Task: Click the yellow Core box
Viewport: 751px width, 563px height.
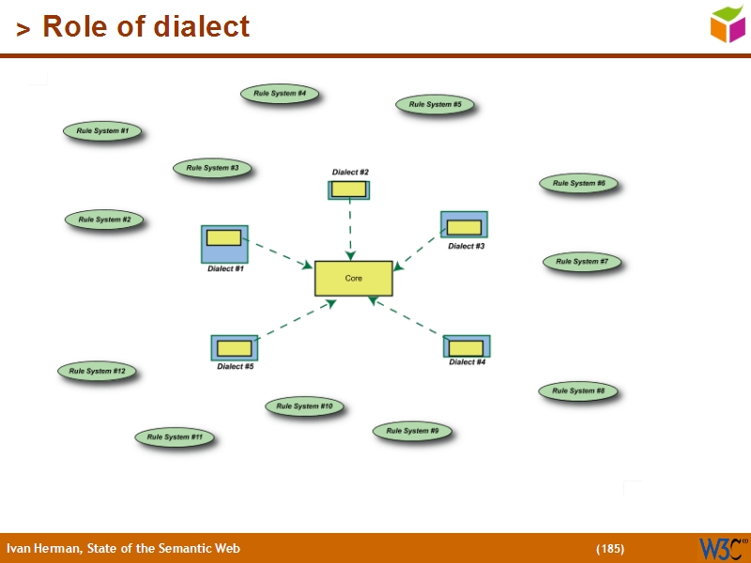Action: point(353,279)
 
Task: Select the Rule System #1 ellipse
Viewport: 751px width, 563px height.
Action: point(102,131)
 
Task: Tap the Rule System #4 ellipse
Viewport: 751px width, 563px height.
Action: point(280,94)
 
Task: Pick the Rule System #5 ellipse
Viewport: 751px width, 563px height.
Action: point(435,105)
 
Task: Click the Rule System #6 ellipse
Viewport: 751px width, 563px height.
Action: point(578,184)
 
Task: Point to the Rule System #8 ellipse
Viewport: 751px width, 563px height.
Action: point(577,391)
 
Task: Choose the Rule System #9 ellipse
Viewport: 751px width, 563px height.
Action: point(412,432)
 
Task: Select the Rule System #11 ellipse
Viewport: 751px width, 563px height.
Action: point(175,437)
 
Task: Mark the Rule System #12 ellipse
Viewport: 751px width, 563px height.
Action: point(97,372)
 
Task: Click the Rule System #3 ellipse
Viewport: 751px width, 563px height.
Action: point(212,168)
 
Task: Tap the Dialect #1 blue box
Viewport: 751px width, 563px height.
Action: point(224,244)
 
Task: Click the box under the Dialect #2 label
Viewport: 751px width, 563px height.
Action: point(349,190)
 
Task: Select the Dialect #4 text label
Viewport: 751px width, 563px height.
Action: point(467,362)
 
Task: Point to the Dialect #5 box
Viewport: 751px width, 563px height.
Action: point(234,348)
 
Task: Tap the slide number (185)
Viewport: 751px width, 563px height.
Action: point(609,548)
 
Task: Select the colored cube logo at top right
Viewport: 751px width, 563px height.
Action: point(727,23)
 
